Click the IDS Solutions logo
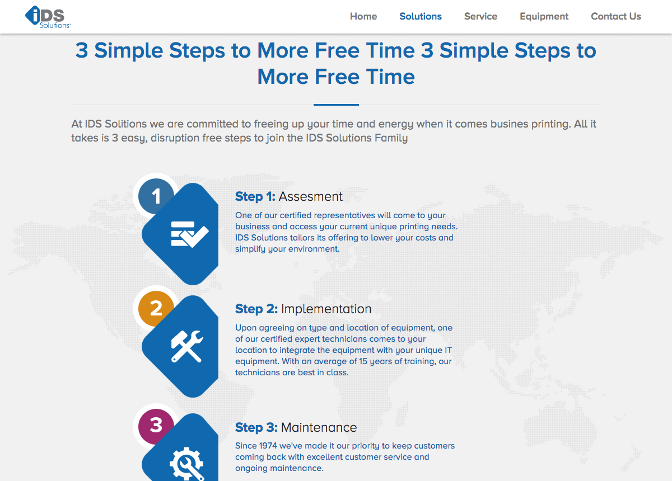(x=48, y=17)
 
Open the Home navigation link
(x=363, y=16)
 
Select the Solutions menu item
(x=421, y=16)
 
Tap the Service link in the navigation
(x=480, y=16)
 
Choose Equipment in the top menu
(x=544, y=16)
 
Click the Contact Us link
(x=616, y=16)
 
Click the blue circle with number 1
(x=156, y=196)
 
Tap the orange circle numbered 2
(x=156, y=308)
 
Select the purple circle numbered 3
(x=156, y=426)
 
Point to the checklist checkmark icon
(x=190, y=234)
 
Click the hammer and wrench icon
(x=187, y=346)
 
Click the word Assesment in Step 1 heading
(x=310, y=197)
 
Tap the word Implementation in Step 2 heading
(x=326, y=309)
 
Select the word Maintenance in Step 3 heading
(x=319, y=427)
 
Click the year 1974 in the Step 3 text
(x=268, y=446)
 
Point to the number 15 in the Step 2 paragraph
(x=363, y=361)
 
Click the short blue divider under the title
(x=336, y=105)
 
